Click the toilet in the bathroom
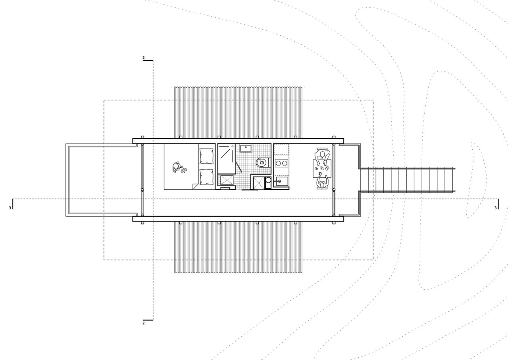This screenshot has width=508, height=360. tap(263, 163)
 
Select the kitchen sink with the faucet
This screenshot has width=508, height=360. tap(281, 181)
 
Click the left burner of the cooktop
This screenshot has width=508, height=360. tap(278, 163)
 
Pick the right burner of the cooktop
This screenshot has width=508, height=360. tap(285, 163)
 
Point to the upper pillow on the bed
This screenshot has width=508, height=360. tap(206, 156)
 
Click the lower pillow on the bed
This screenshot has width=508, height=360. tap(206, 177)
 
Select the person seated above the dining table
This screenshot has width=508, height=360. tap(322, 156)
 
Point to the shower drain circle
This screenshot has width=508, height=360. tap(233, 146)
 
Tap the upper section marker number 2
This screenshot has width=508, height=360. tap(143, 58)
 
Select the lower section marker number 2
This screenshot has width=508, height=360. tap(143, 323)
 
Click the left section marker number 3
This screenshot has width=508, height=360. tap(10, 208)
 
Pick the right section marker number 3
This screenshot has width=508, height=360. tap(495, 208)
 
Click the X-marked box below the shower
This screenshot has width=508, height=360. tap(227, 180)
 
